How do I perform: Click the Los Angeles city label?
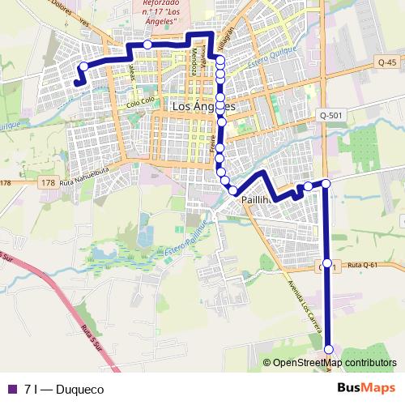tap(203, 107)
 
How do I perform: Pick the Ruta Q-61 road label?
tap(362, 265)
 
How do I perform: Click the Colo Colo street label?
tap(141, 102)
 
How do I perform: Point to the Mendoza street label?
tap(194, 61)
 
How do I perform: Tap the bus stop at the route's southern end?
tap(329, 349)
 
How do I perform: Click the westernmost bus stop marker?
tap(83, 66)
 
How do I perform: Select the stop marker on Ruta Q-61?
tap(327, 264)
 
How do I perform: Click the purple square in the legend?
tap(11, 390)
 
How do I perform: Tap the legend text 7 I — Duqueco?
tap(64, 390)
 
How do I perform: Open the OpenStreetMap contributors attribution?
tap(334, 363)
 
